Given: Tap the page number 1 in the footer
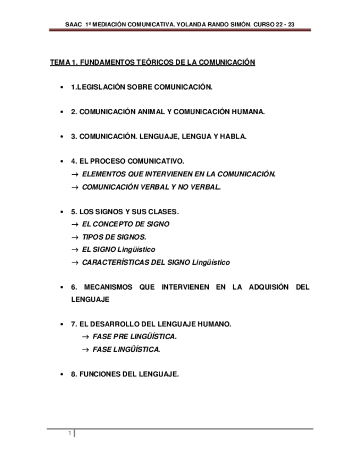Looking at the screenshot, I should point(70,434).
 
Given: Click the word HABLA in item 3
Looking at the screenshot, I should point(232,137).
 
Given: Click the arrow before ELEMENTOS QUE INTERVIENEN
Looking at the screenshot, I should point(75,174).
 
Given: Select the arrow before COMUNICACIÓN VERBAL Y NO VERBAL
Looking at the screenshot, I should point(75,187).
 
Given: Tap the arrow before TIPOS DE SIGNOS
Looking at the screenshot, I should point(75,237).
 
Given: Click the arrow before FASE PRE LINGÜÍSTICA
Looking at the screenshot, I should point(85,337).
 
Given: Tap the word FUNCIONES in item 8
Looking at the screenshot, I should point(98,374).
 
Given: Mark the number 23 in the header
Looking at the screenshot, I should point(298,24).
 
